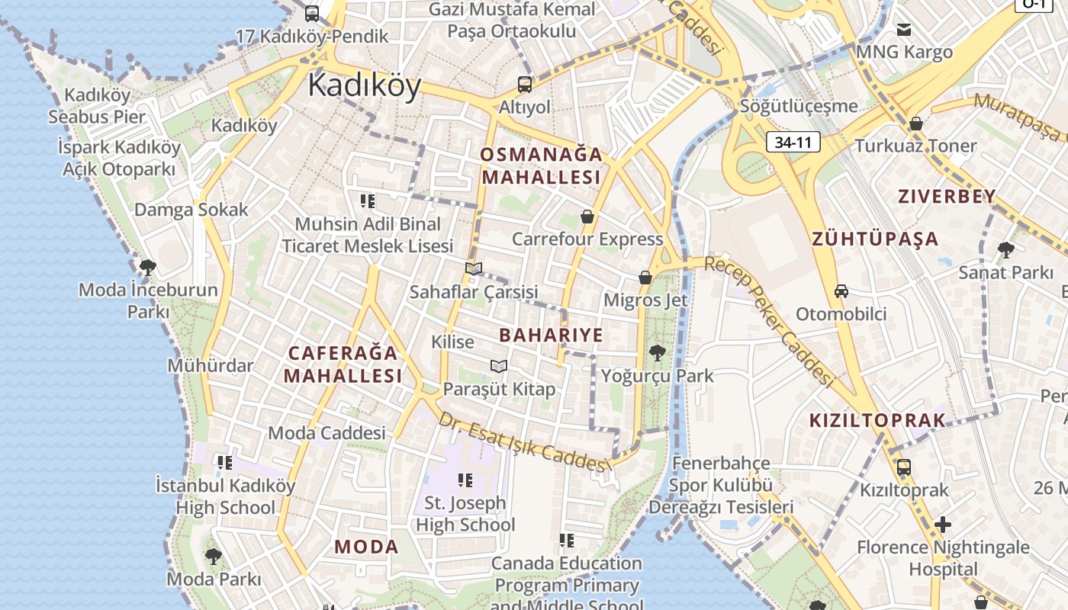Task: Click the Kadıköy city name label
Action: pos(364,85)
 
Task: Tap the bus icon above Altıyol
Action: pos(525,84)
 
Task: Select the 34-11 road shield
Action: pos(793,142)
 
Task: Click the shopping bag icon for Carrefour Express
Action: pos(587,217)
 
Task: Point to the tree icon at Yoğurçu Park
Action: pos(657,353)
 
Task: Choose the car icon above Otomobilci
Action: pos(841,291)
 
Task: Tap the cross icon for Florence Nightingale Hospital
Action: pos(943,525)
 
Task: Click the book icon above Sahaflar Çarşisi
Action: pos(474,268)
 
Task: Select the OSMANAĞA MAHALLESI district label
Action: pos(542,165)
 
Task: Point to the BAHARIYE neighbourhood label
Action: pos(551,335)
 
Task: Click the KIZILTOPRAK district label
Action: pos(877,420)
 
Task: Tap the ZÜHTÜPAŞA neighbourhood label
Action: pos(875,239)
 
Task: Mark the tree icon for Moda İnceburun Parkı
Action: pos(148,267)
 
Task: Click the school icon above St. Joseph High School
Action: pos(465,480)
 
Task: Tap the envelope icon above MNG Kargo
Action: pos(904,30)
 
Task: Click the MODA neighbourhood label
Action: pos(367,547)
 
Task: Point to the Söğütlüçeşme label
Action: pos(799,106)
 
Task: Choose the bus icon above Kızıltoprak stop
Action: pos(904,467)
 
